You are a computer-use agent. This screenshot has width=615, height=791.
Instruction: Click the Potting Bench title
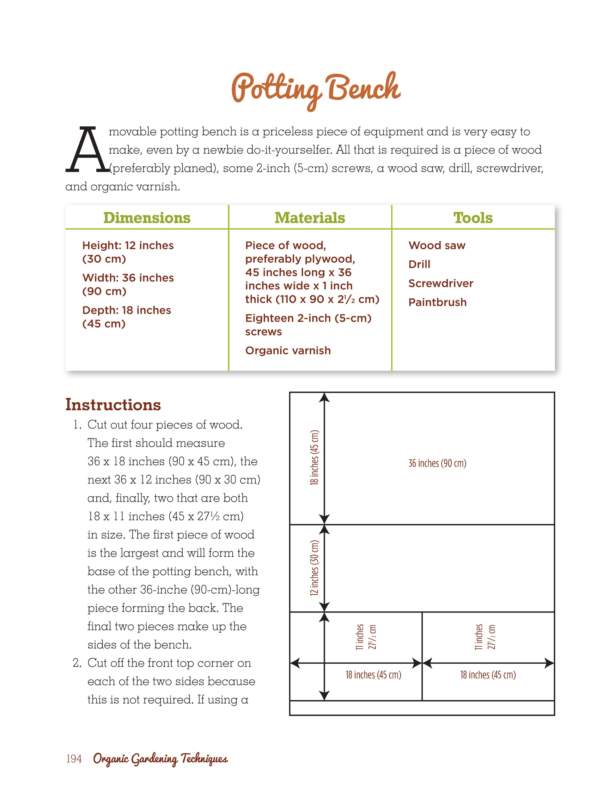(316, 89)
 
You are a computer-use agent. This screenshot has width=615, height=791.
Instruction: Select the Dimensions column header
(147, 218)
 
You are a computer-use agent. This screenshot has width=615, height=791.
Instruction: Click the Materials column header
(310, 218)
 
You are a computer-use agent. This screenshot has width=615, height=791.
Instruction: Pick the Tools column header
(473, 218)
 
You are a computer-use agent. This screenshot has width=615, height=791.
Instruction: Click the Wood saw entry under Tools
(437, 246)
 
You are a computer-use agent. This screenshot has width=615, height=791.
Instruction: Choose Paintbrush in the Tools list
(437, 302)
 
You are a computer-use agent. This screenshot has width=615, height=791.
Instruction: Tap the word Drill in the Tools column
(419, 265)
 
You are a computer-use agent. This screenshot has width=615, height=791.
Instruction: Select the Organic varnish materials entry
(288, 350)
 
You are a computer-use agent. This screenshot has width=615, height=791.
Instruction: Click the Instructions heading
(113, 405)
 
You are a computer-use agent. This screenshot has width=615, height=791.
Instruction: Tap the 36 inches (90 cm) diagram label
(437, 463)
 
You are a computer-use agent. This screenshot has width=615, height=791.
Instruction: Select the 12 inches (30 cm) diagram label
(314, 568)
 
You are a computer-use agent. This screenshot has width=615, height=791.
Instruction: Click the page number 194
(74, 759)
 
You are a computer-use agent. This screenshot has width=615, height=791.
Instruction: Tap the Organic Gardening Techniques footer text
(161, 759)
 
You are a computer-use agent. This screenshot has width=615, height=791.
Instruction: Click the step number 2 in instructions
(76, 663)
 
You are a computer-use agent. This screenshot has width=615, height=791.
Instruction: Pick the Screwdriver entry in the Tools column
(441, 283)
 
